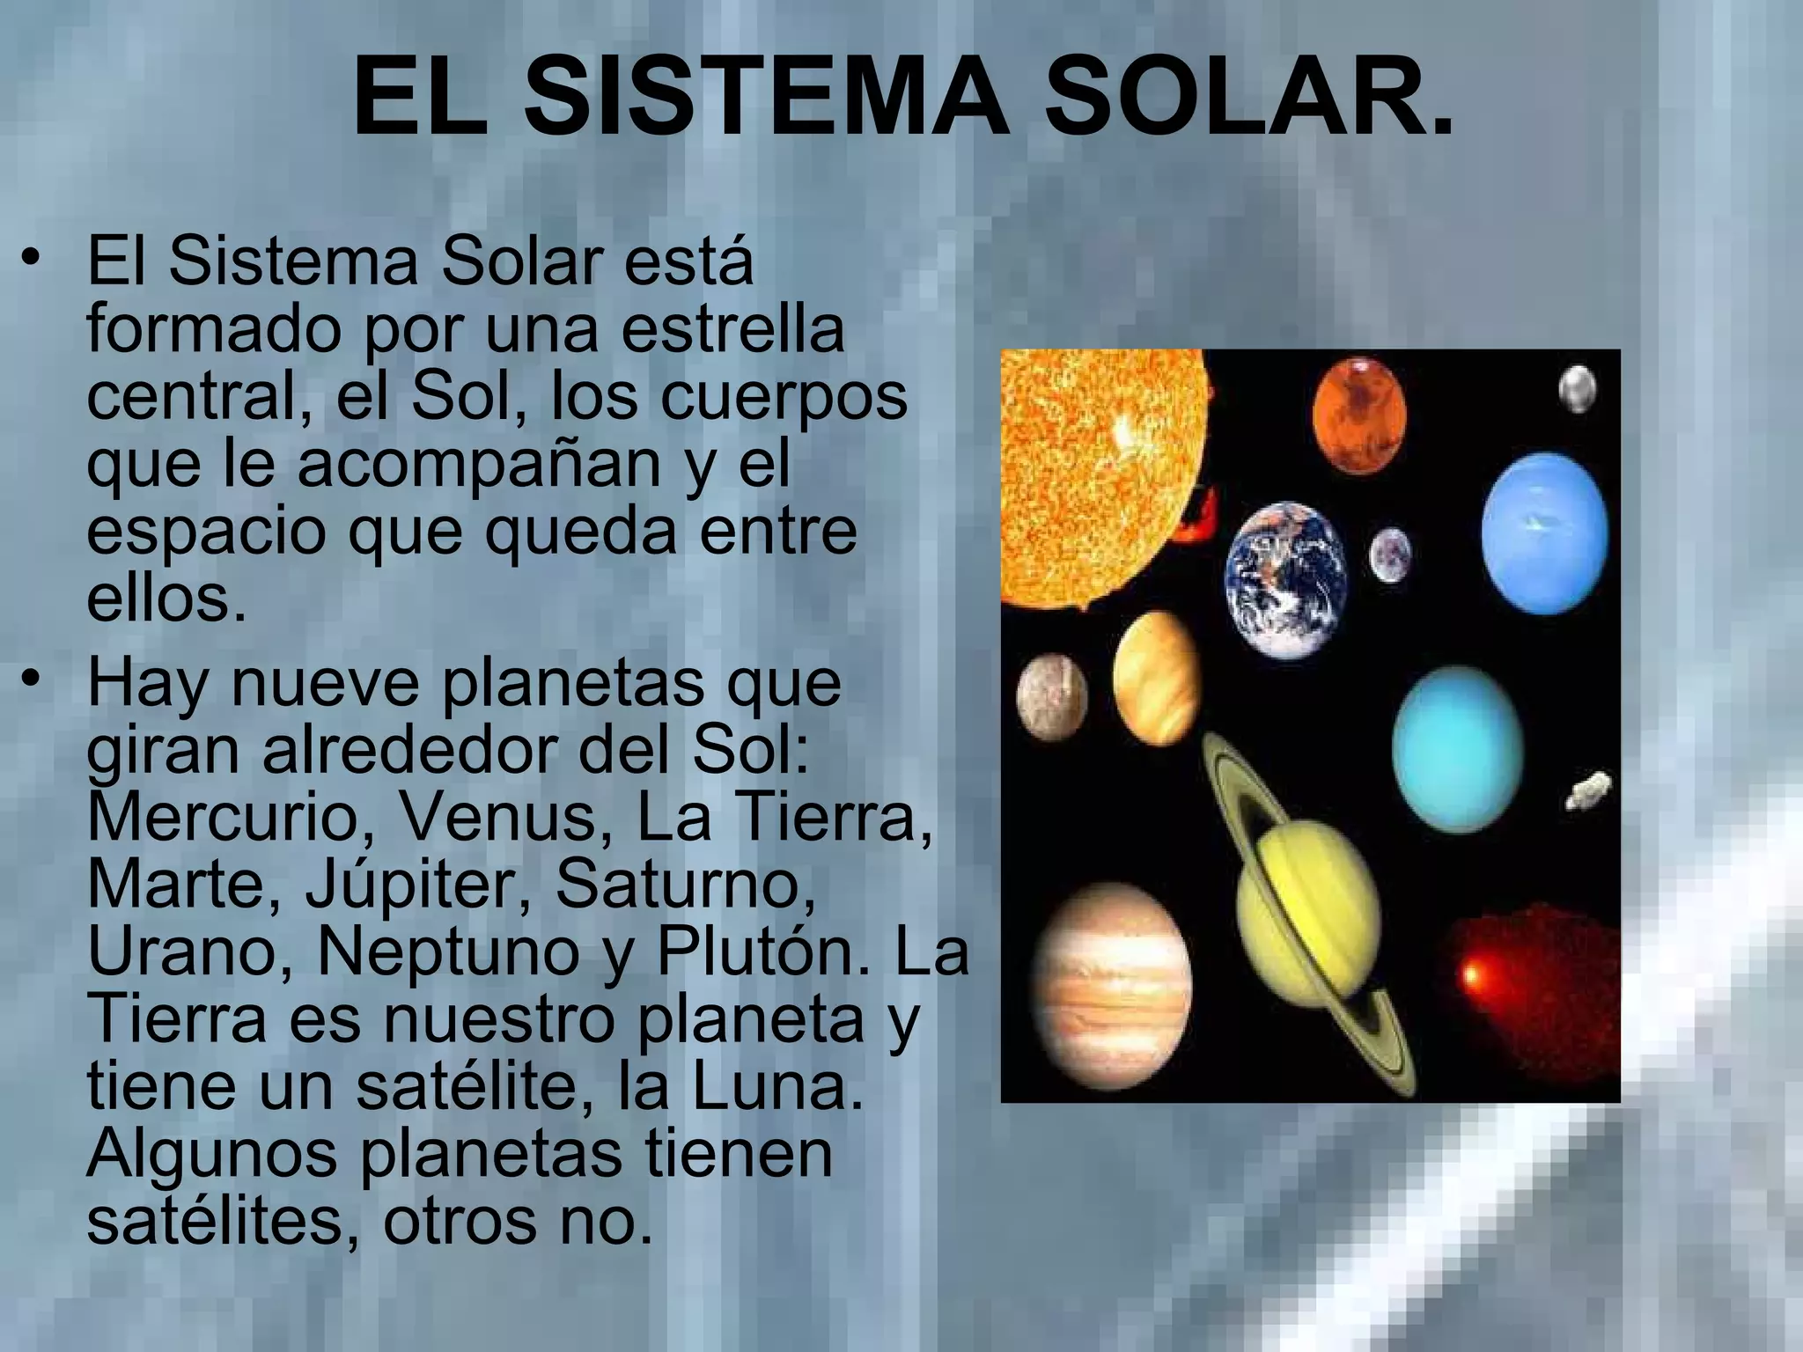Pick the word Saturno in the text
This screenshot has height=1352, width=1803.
[684, 885]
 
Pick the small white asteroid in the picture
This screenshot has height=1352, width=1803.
[1590, 789]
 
